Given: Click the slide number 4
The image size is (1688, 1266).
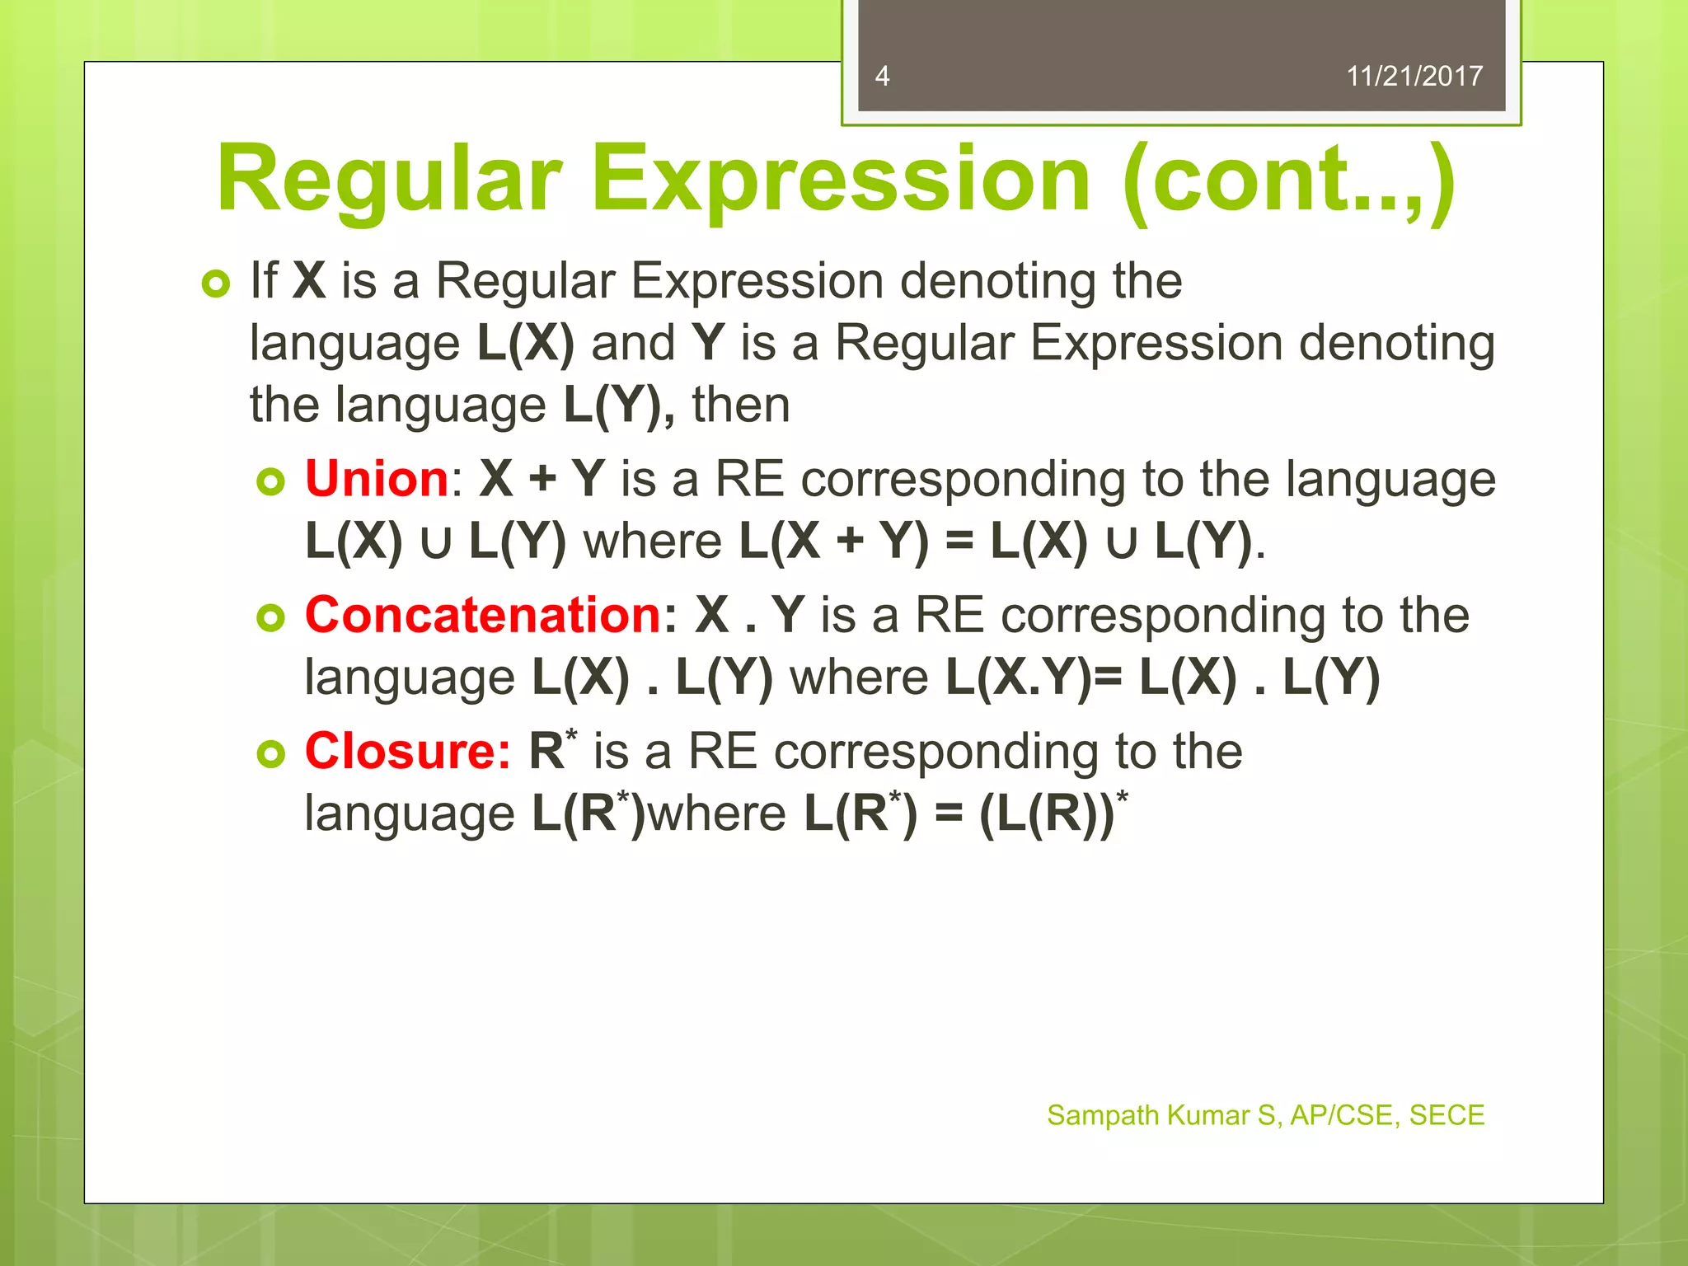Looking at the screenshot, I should pos(882,76).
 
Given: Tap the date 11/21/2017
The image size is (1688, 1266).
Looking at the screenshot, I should pos(1414,76).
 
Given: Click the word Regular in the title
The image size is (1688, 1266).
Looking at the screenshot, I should pos(389,180).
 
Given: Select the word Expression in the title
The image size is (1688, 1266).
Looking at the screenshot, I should pos(841,180).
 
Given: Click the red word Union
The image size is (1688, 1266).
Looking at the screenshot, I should pos(377,478).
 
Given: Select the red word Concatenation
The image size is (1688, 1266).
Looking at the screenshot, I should pos(483,615).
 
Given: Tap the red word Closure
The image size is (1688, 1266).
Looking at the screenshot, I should pos(407,751).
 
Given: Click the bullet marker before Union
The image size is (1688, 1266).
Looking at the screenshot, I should pos(270,481).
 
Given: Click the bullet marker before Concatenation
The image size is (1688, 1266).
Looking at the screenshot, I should pos(270,617).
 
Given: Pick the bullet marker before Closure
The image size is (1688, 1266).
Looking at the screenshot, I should pos(270,753).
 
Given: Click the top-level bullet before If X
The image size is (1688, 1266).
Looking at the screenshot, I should pos(216,284).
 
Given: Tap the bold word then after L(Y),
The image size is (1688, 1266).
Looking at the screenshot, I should pos(740,405).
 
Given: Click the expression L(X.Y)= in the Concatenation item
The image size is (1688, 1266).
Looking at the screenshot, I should pos(1034,678).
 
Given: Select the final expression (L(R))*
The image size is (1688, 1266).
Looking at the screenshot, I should pos(1052,814).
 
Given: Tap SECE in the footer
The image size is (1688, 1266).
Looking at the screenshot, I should pos(1447,1115).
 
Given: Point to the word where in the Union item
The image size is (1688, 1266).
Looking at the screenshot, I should pos(653,542).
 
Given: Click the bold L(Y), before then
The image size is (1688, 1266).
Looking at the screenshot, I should pos(618,405).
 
